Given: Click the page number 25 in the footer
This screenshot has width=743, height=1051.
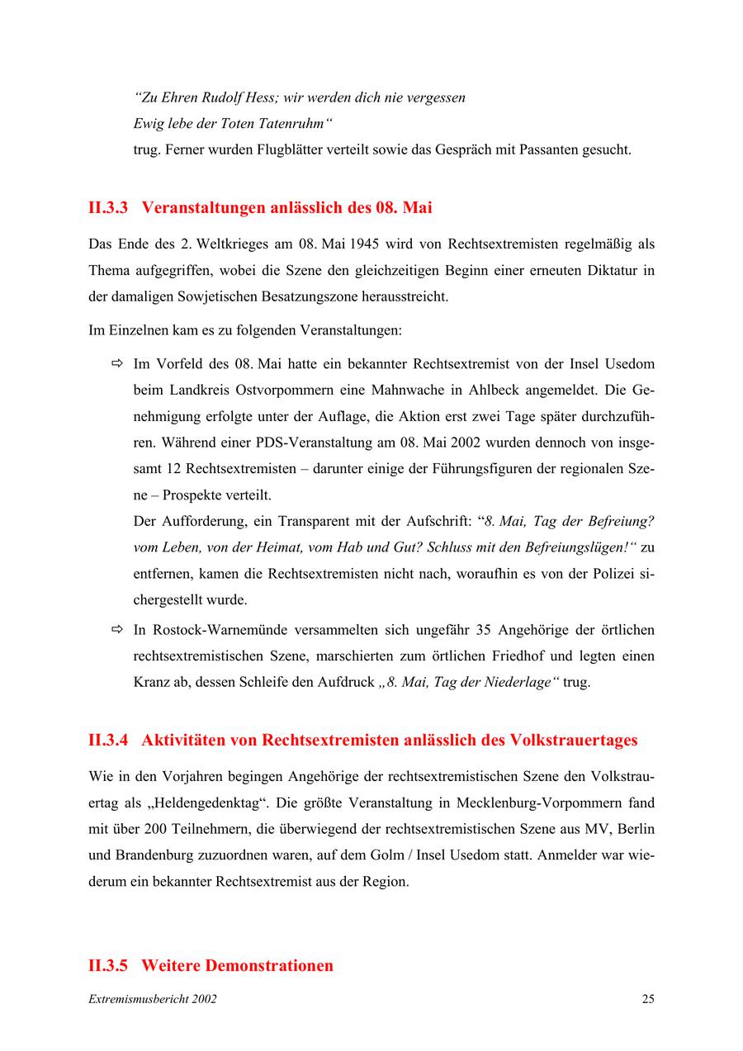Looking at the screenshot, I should (647, 999).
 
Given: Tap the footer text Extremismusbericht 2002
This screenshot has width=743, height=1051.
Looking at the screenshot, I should (153, 999).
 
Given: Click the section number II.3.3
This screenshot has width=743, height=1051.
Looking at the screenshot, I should (108, 208).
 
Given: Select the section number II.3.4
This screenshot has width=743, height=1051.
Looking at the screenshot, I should (108, 740).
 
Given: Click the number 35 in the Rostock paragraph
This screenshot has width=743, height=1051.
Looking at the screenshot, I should (484, 630).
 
